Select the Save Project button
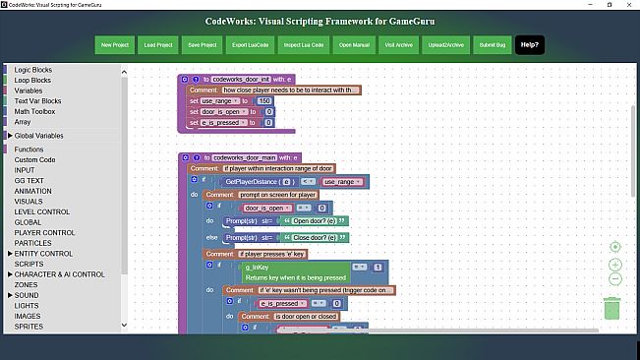(202, 45)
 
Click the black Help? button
(528, 45)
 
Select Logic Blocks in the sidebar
(35, 71)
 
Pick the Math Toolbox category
(37, 111)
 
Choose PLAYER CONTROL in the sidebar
(45, 233)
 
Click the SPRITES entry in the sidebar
(29, 326)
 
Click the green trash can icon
(611, 308)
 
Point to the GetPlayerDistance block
(260, 182)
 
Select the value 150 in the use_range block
(263, 101)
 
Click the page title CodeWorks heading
(320, 20)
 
